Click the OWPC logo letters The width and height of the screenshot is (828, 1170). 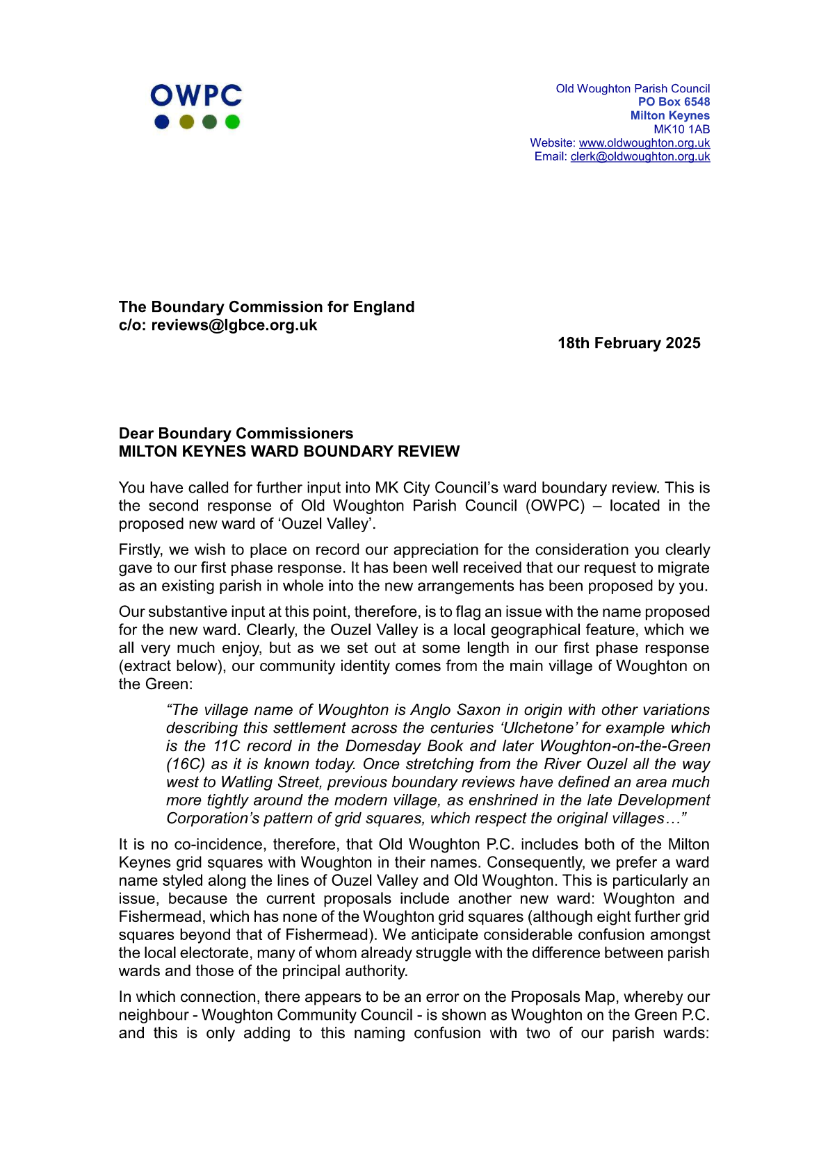pos(196,96)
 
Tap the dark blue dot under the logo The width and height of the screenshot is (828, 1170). pos(162,122)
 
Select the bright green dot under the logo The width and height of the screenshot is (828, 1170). pos(232,122)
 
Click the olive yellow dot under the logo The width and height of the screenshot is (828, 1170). pos(186,122)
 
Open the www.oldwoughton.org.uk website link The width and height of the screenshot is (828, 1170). pos(644,143)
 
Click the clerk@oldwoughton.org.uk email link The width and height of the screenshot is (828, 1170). pos(640,157)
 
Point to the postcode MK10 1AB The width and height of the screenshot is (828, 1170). pos(681,129)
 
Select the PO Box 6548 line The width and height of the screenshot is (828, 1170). pos(674,102)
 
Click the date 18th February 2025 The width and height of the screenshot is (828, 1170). pos(628,343)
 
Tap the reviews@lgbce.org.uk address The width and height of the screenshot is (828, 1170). pos(234,325)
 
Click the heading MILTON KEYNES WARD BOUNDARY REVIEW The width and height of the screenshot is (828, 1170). pos(289,452)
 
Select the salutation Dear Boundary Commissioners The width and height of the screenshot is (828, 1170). pos(236,434)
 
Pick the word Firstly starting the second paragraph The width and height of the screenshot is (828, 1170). pos(143,550)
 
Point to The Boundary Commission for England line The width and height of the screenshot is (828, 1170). pos(266,307)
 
